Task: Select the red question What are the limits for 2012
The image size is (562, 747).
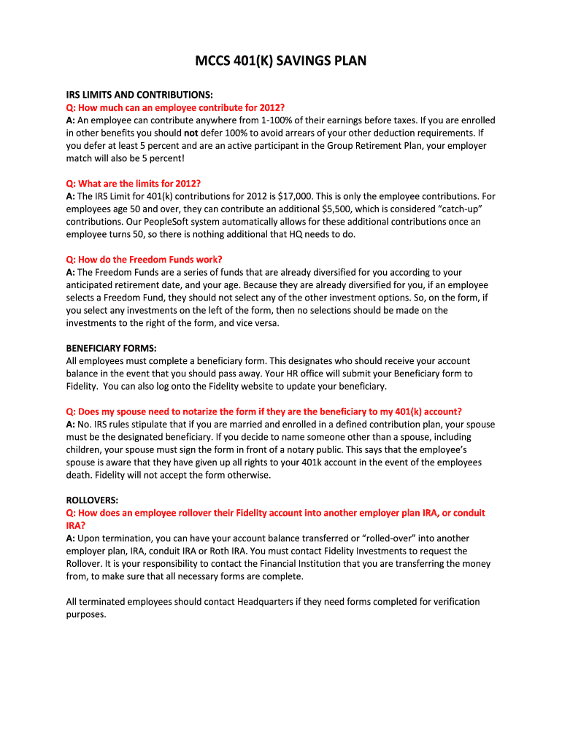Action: point(133,183)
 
